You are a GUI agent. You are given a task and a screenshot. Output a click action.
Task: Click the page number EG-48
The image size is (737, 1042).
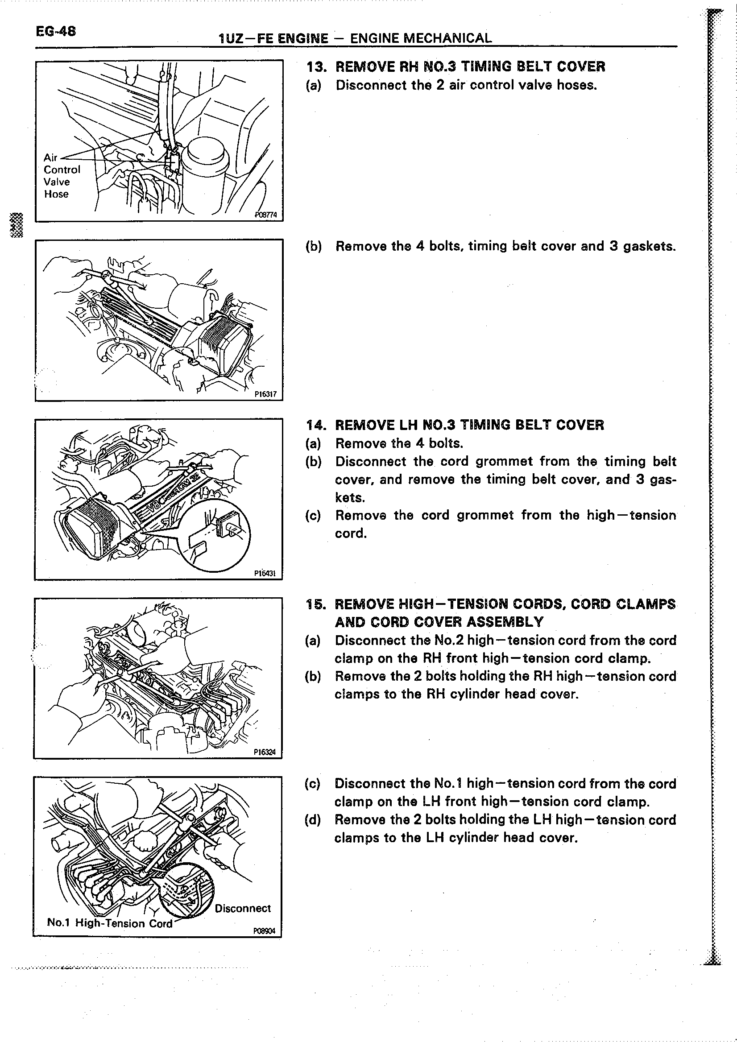(56, 31)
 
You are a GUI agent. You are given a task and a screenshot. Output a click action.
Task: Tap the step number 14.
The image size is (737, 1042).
(316, 425)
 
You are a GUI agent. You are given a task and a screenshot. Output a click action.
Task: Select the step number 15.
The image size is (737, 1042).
(316, 604)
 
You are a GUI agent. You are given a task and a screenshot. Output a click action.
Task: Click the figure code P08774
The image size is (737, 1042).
(265, 215)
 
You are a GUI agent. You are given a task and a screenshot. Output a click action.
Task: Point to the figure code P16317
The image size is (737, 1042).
(265, 394)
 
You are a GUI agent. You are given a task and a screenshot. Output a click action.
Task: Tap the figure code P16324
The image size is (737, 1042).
(265, 752)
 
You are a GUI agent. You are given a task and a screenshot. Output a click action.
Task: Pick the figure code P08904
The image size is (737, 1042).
(265, 931)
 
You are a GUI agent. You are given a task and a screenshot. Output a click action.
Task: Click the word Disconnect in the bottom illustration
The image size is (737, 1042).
(242, 908)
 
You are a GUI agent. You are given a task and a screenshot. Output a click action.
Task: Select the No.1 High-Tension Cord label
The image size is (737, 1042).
(110, 923)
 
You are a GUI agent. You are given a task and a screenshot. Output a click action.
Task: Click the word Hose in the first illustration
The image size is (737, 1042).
(56, 194)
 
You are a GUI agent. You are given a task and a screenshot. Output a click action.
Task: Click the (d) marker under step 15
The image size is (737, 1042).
(313, 820)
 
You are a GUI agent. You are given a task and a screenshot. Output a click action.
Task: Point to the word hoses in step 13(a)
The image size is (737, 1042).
(576, 85)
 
